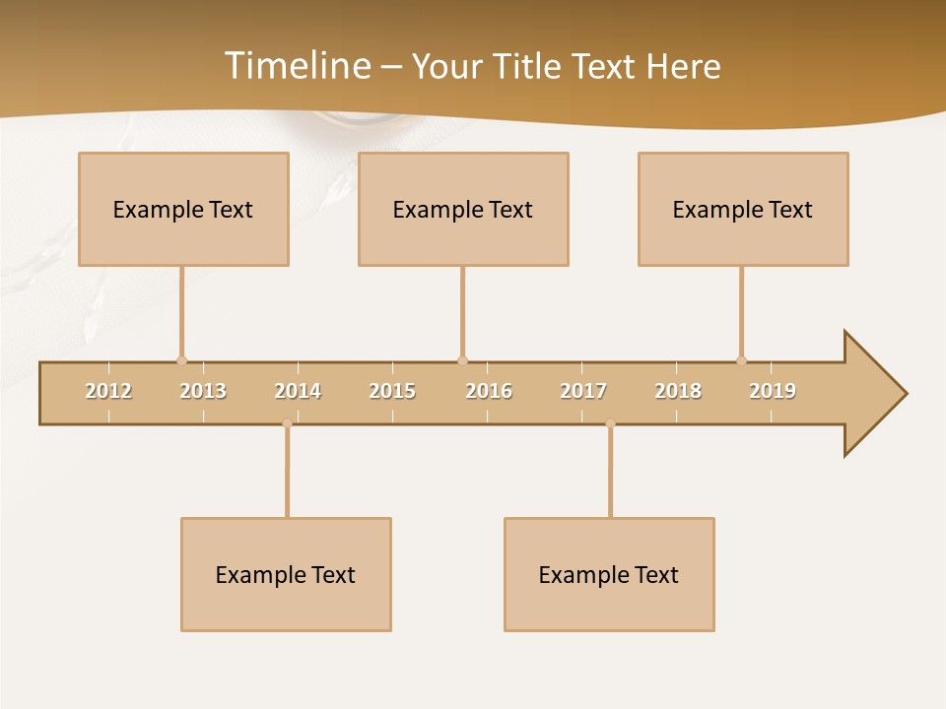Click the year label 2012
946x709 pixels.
click(x=108, y=391)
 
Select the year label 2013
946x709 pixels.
click(x=203, y=391)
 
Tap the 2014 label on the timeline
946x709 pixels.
click(x=298, y=391)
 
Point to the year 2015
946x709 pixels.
click(x=392, y=391)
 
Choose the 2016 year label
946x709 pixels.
click(x=489, y=391)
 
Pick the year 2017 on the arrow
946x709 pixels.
click(x=583, y=391)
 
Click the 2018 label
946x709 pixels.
click(x=678, y=391)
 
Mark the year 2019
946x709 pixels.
click(x=773, y=391)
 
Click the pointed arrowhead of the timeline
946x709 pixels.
click(x=877, y=394)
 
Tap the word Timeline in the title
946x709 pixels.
click(x=297, y=66)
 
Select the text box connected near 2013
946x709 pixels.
click(x=183, y=209)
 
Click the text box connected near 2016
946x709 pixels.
click(x=463, y=209)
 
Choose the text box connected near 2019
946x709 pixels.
click(x=743, y=209)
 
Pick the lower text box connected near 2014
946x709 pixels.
click(x=286, y=574)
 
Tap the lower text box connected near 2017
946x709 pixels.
click(x=609, y=574)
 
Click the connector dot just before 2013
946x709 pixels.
click(x=181, y=360)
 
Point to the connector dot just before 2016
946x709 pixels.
click(x=462, y=360)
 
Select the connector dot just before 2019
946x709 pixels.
click(x=741, y=360)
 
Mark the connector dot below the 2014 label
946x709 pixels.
click(x=287, y=423)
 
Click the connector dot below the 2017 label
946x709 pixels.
click(x=610, y=423)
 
